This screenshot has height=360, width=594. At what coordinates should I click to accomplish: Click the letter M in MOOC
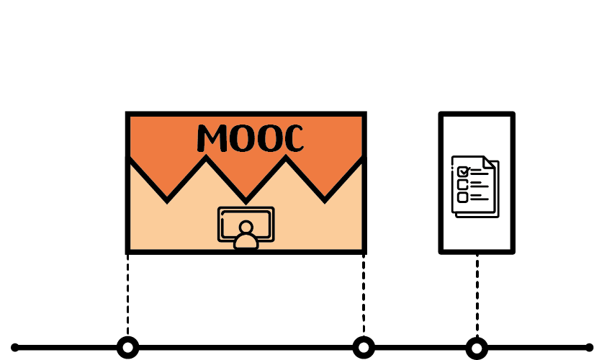[x=212, y=138]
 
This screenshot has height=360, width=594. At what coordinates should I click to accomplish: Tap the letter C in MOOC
[x=292, y=138]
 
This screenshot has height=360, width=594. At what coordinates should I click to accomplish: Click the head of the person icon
[x=246, y=227]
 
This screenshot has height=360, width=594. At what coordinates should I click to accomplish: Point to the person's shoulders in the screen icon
[x=246, y=242]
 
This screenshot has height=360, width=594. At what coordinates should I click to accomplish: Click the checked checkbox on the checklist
[x=463, y=171]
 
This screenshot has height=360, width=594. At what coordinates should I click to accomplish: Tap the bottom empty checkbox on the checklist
[x=462, y=197]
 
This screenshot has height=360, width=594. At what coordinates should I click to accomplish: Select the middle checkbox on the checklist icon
[x=462, y=184]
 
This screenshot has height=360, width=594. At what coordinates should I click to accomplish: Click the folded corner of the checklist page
[x=489, y=162]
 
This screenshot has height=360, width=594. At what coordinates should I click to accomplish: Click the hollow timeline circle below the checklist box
[x=477, y=348]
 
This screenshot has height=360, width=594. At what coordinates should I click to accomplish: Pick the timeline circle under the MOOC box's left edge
[x=128, y=348]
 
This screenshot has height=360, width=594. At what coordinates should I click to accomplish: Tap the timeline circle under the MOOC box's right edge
[x=364, y=348]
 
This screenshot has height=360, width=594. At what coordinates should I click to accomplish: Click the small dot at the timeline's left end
[x=15, y=348]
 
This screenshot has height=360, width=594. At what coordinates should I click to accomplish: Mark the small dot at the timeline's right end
[x=589, y=348]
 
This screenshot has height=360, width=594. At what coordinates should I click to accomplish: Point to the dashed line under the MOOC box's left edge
[x=127, y=295]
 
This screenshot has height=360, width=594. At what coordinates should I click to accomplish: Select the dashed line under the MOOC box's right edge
[x=364, y=295]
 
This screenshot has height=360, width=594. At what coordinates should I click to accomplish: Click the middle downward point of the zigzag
[x=246, y=201]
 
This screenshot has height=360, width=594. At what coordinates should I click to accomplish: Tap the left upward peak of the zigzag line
[x=206, y=157]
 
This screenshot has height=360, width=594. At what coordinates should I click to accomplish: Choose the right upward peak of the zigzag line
[x=286, y=157]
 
